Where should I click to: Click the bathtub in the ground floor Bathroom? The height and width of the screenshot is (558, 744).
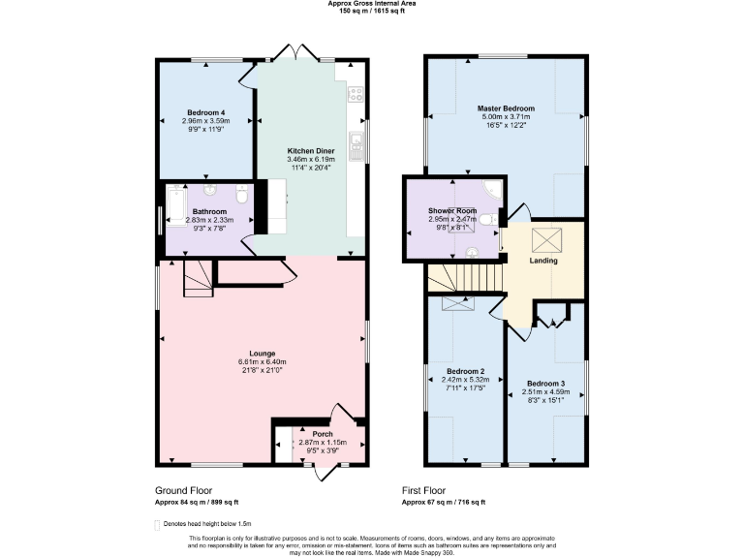pos(175,205)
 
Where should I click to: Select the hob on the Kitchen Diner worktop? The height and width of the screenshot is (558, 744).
pos(356,95)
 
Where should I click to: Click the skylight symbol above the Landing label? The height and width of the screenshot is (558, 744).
pos(543,238)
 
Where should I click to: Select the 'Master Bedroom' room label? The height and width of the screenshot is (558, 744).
pos(506,108)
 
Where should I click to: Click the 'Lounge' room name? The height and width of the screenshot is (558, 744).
pos(262,354)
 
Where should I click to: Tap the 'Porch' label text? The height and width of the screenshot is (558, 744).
pos(322,434)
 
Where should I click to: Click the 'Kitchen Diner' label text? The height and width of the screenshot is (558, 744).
pos(311,151)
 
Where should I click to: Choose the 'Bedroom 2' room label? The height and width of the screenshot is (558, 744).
pos(465,371)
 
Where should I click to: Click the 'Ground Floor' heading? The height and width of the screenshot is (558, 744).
pos(183,491)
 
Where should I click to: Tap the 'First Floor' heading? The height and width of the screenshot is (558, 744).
pos(428,491)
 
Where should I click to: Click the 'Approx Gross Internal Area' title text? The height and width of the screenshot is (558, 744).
pos(371,3)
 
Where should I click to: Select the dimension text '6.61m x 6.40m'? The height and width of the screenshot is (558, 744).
pos(262,362)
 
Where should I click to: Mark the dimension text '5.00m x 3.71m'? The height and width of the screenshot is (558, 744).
pos(506,117)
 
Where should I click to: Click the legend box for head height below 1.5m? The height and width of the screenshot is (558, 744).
pos(158,524)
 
